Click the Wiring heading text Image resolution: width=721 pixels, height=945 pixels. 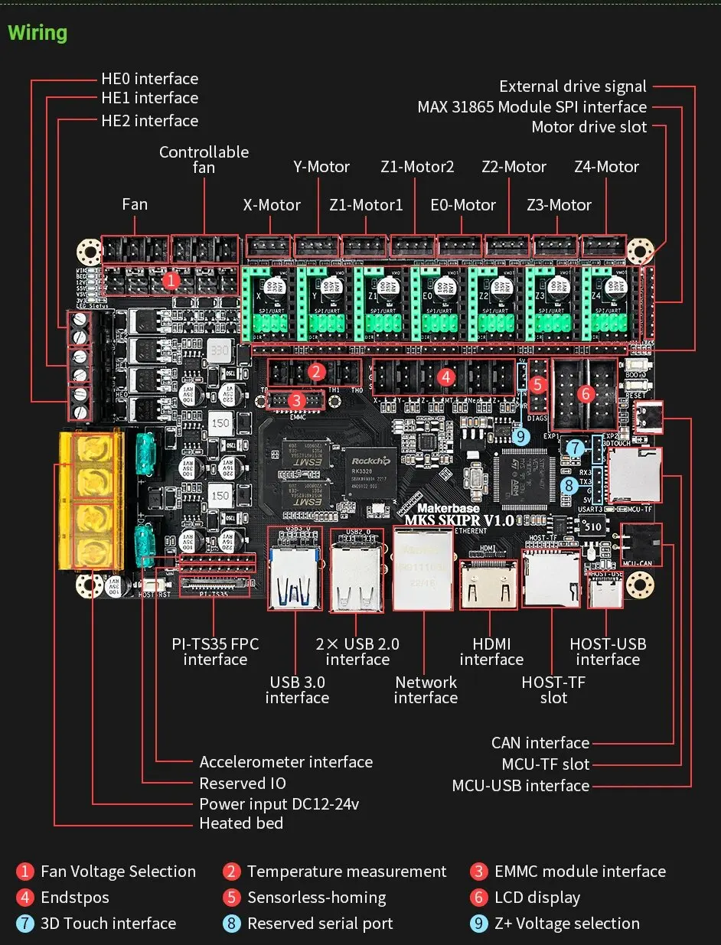[38, 33]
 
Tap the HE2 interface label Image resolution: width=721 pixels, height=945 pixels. [149, 121]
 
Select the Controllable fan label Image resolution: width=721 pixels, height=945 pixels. [204, 159]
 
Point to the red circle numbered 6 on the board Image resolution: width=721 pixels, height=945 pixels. [586, 394]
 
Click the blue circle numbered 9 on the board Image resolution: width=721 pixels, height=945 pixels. [522, 436]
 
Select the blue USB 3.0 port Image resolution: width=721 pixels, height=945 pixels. [295, 574]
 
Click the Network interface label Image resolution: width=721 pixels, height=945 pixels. [426, 689]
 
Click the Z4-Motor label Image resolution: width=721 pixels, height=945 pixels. [606, 167]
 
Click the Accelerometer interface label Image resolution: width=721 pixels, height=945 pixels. [285, 762]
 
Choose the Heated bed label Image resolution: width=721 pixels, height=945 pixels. [241, 823]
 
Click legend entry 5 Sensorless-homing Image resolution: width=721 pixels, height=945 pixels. [316, 898]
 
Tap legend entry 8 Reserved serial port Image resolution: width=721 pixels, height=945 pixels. [319, 924]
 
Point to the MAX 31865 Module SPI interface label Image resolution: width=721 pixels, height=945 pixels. [532, 107]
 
